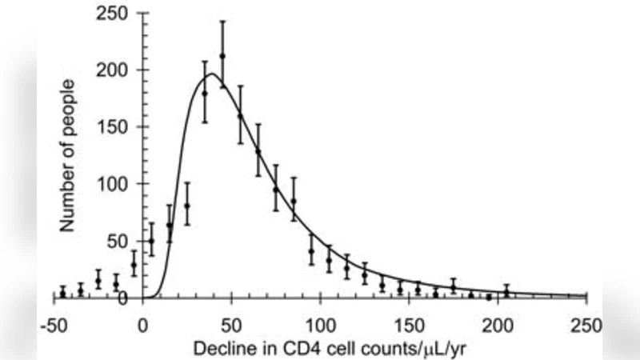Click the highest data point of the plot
[222, 56]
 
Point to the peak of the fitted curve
[210, 74]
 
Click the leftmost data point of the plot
[62, 293]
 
